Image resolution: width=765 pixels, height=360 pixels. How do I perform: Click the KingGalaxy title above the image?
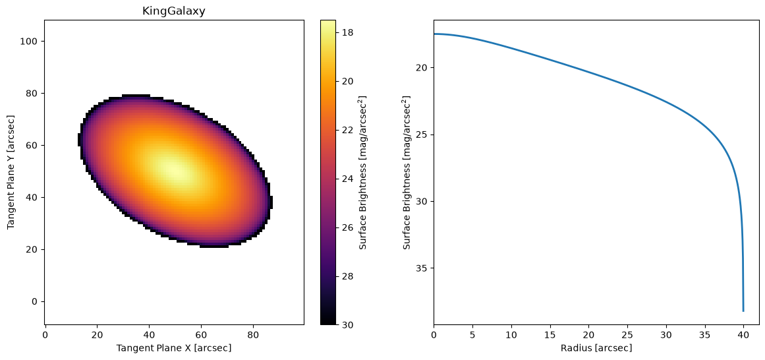click(174, 11)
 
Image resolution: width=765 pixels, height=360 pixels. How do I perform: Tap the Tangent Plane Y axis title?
click(11, 172)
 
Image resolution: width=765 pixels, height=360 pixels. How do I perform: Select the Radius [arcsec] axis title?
click(596, 347)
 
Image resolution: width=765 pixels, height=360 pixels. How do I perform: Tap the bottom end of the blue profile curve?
click(743, 311)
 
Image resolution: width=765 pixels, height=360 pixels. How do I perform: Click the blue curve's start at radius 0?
click(434, 34)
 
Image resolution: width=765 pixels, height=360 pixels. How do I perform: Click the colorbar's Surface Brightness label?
click(363, 172)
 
